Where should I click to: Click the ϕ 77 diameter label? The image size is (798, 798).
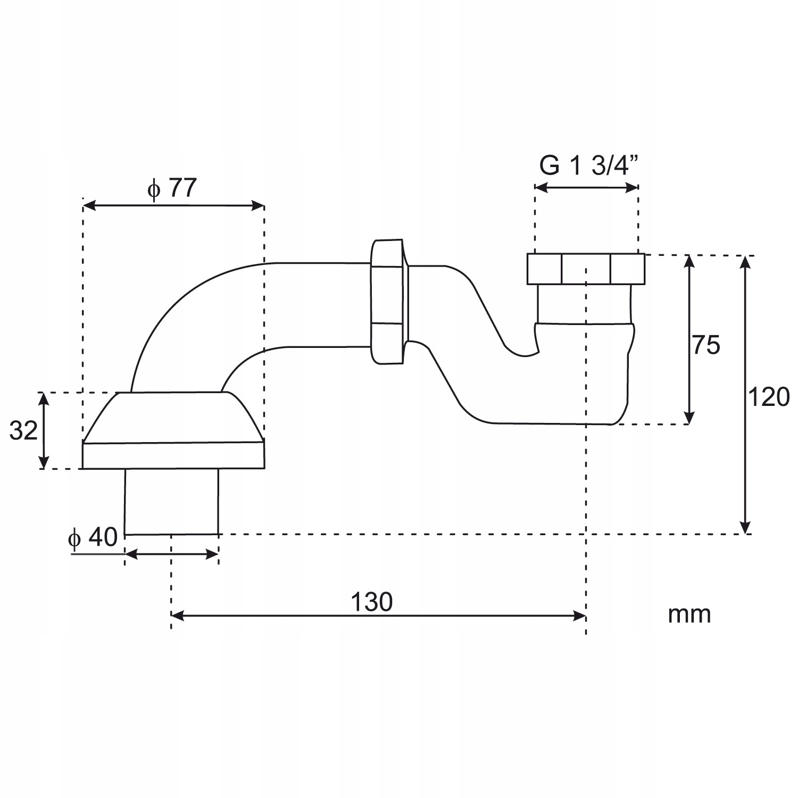172,188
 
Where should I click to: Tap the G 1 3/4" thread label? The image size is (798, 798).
588,165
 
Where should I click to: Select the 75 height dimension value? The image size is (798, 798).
706,345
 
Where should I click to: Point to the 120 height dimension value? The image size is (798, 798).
769,397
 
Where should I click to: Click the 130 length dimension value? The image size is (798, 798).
371,602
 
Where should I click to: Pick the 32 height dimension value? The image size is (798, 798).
23,430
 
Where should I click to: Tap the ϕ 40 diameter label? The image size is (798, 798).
93,537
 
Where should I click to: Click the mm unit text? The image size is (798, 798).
689,614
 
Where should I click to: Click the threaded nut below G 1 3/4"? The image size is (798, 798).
586,269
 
